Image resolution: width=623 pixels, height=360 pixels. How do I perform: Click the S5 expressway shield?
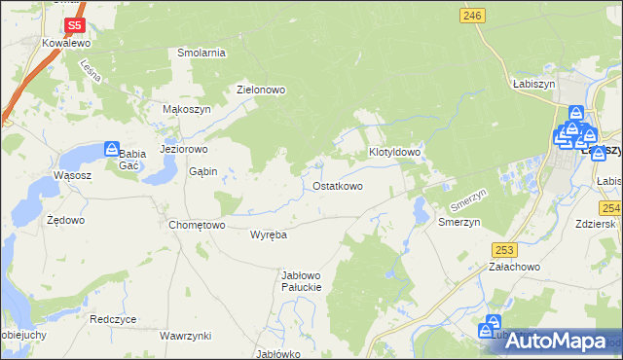pyautogui.click(x=73, y=25)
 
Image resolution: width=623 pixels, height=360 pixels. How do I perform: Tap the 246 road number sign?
pyautogui.click(x=473, y=15)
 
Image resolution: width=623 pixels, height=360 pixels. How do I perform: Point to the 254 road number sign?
pyautogui.click(x=611, y=208)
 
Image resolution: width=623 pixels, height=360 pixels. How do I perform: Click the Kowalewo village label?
pyautogui.click(x=66, y=44)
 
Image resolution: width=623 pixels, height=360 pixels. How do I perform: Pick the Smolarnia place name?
pyautogui.click(x=202, y=53)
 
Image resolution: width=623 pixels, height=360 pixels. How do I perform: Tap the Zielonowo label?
pyautogui.click(x=261, y=90)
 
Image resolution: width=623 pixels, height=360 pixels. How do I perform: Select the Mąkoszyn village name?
pyautogui.click(x=187, y=110)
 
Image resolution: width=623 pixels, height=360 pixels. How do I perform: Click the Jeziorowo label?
pyautogui.click(x=184, y=150)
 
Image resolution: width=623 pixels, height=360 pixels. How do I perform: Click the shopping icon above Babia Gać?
pyautogui.click(x=113, y=149)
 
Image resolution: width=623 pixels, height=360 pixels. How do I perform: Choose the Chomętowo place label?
pyautogui.click(x=197, y=225)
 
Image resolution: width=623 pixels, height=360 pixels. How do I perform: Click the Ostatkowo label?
pyautogui.click(x=338, y=185)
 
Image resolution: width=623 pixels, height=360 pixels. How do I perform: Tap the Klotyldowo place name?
pyautogui.click(x=394, y=153)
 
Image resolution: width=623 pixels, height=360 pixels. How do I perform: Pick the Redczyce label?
pyautogui.click(x=113, y=318)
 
